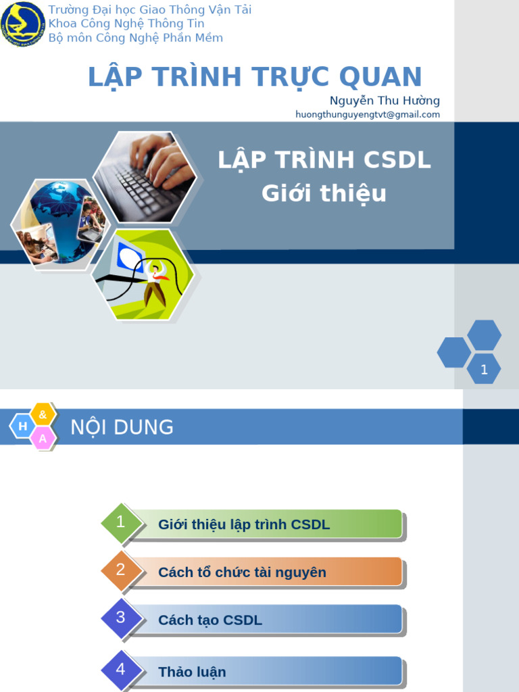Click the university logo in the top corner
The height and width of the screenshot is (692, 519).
23,24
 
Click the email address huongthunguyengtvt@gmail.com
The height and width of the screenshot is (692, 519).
368,115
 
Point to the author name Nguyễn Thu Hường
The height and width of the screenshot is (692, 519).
385,101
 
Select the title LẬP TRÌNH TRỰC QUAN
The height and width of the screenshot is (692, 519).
255,77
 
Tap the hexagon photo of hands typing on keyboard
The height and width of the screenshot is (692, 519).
145,176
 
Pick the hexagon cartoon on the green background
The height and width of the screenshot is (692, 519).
143,274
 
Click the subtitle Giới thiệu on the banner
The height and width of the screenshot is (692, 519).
324,193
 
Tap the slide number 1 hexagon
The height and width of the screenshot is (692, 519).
484,369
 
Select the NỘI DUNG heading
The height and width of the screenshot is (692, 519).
122,427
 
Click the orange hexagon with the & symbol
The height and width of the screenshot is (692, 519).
43,414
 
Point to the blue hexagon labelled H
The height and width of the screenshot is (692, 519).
23,426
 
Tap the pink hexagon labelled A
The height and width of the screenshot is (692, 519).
43,439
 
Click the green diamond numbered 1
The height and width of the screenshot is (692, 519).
121,522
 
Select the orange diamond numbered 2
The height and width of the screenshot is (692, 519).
121,570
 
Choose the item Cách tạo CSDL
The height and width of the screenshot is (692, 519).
210,620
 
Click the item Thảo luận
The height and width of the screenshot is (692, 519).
192,672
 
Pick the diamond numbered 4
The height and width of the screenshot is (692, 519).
121,670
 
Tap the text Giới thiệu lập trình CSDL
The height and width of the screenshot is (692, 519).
244,524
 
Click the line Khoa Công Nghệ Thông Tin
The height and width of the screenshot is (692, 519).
126,24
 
